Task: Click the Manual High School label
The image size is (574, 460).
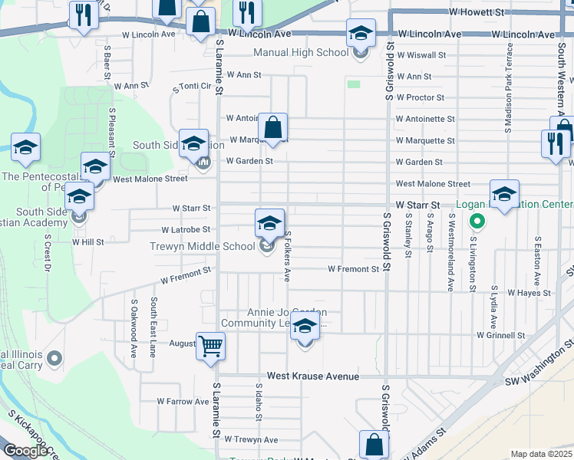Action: (x=300, y=53)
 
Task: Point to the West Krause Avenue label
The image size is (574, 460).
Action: (x=312, y=376)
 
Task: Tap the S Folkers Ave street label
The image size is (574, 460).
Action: (x=288, y=256)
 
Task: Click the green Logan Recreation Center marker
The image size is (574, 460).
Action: (x=477, y=222)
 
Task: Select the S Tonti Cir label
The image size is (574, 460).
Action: (x=192, y=87)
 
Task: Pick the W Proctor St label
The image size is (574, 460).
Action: (x=420, y=97)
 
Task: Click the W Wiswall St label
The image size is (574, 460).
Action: (x=421, y=55)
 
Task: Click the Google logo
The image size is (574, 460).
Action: (x=26, y=451)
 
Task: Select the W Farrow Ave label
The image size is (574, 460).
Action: (x=183, y=401)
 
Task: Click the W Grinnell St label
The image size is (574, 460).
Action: (x=500, y=335)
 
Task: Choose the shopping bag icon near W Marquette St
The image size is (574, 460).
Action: (x=272, y=128)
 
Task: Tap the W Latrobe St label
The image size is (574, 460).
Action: (x=186, y=229)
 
